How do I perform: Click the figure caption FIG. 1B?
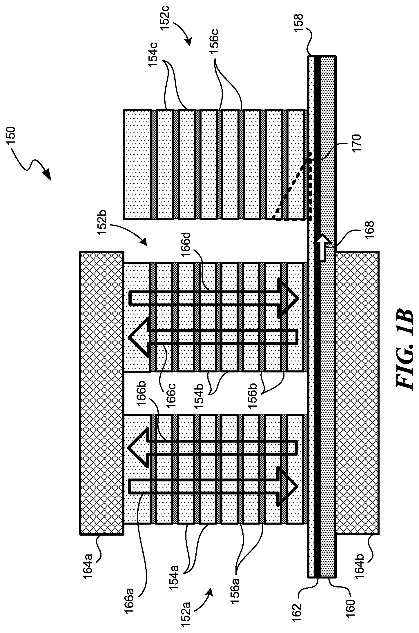[x=404, y=352]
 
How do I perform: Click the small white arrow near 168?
[x=324, y=244]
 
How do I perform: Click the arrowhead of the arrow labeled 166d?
[x=288, y=298]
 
